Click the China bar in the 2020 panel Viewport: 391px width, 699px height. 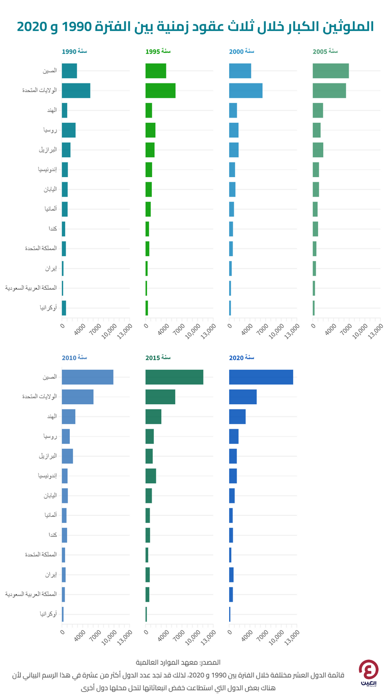click(x=261, y=377)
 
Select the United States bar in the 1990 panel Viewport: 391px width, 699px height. click(x=76, y=91)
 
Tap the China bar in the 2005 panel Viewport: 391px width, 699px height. click(x=330, y=71)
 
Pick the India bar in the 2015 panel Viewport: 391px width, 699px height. click(x=153, y=416)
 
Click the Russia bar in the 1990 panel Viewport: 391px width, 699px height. click(x=69, y=130)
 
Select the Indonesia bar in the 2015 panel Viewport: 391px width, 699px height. click(x=151, y=476)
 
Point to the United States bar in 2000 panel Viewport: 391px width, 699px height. click(x=245, y=91)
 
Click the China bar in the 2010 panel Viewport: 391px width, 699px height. click(x=88, y=377)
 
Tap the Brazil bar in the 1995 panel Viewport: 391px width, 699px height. click(x=150, y=150)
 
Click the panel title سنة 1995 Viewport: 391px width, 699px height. click(x=158, y=51)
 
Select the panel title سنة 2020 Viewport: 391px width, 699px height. click(x=241, y=358)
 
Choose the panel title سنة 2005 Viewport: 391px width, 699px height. click(x=325, y=51)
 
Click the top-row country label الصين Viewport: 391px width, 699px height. click(x=50, y=71)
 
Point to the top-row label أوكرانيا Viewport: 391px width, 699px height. click(x=48, y=308)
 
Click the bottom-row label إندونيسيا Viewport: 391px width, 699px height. click(x=47, y=476)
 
